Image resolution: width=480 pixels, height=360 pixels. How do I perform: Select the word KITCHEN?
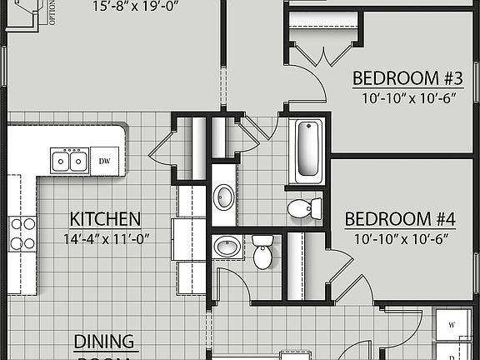[104, 220]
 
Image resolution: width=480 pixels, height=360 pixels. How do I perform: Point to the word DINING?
[105, 342]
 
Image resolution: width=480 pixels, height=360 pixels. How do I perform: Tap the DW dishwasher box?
[104, 160]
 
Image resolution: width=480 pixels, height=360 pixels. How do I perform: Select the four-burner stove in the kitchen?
[22, 234]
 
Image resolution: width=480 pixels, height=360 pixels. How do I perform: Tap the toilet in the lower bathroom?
[262, 252]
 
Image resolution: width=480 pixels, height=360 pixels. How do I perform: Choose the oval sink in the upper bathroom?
[223, 197]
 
